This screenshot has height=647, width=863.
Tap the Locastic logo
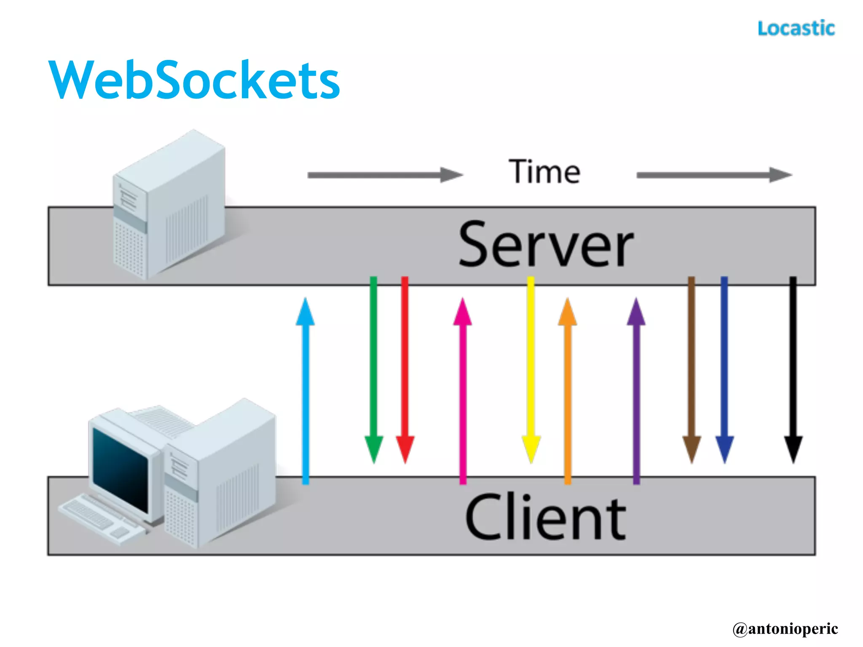(796, 29)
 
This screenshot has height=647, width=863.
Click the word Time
(544, 172)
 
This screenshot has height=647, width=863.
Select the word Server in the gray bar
(546, 245)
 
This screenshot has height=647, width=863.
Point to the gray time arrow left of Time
(384, 175)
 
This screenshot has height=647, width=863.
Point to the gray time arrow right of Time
(714, 175)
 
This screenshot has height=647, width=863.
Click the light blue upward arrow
(306, 392)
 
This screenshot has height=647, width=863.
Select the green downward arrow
(373, 371)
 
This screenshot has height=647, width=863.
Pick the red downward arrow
(405, 371)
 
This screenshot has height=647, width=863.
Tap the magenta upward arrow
(463, 392)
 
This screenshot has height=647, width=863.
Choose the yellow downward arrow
(531, 371)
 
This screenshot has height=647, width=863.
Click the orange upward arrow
(568, 392)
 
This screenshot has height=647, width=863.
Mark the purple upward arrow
(636, 392)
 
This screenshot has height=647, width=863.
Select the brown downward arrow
(691, 371)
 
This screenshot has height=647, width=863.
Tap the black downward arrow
(793, 371)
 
